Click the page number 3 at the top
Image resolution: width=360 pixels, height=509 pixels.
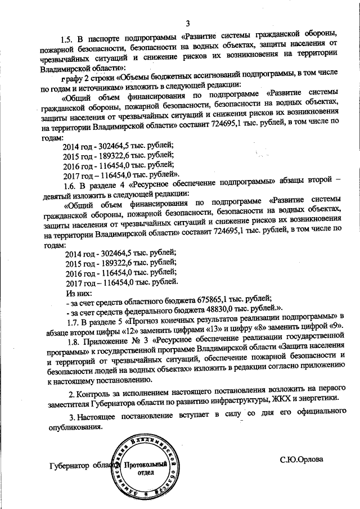(x=188, y=22)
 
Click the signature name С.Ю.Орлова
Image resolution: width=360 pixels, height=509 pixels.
(x=301, y=459)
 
